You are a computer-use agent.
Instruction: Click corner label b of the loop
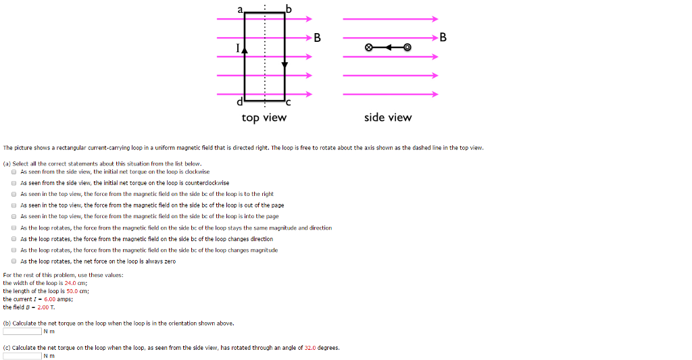[290, 8]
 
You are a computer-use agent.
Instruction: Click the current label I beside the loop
[237, 48]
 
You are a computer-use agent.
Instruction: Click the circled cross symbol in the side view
[368, 48]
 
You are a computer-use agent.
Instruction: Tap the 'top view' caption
[264, 118]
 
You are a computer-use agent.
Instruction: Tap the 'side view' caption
[387, 118]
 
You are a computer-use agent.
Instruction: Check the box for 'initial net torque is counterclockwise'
[14, 183]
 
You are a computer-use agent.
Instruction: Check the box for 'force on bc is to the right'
[14, 194]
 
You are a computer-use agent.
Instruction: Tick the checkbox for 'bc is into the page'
[14, 217]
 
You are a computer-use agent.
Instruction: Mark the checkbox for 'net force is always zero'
[14, 261]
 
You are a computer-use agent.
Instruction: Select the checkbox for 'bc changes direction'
[14, 239]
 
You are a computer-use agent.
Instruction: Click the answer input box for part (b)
[22, 332]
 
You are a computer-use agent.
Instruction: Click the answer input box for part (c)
[22, 356]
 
